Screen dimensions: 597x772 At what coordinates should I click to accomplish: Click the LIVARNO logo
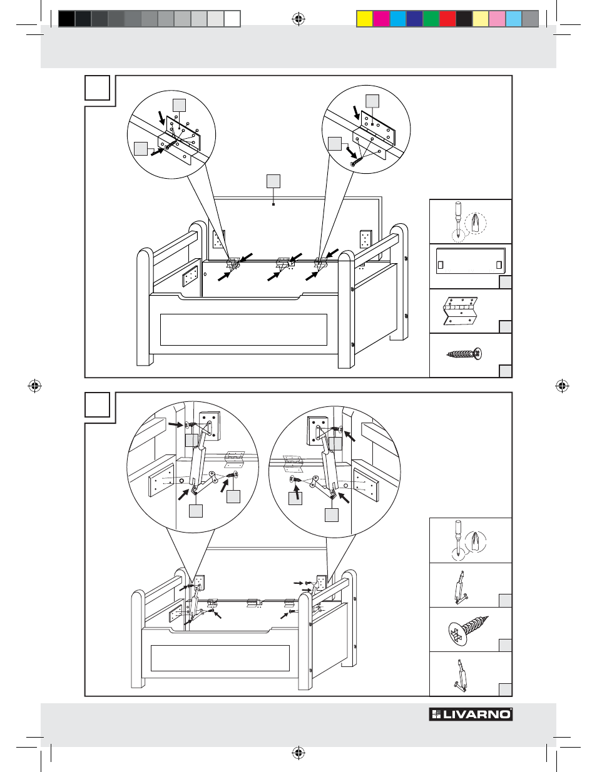tap(471, 714)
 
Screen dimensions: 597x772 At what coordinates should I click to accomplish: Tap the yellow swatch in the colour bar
tap(365, 19)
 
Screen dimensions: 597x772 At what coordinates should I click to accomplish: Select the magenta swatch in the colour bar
tap(381, 19)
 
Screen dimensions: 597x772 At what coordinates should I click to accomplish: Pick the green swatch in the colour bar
tap(431, 19)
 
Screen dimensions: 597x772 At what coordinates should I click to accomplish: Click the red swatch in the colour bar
tap(447, 19)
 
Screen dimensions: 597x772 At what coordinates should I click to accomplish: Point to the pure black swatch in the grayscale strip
tap(67, 19)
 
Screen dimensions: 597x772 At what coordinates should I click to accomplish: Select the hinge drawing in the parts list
tap(461, 311)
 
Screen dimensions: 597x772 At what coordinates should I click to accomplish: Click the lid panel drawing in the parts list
tap(471, 260)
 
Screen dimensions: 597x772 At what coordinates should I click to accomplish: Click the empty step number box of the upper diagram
tap(97, 88)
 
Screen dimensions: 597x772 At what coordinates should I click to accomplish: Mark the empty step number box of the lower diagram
tap(97, 404)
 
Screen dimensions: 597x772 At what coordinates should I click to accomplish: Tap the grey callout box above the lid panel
tap(273, 181)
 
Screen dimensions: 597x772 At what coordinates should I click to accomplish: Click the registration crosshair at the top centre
tap(298, 19)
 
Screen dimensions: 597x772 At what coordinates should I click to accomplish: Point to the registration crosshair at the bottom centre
tap(298, 753)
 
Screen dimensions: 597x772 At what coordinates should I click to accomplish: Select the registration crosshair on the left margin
tap(35, 386)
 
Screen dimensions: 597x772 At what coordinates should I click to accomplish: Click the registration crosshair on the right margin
tap(562, 386)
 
